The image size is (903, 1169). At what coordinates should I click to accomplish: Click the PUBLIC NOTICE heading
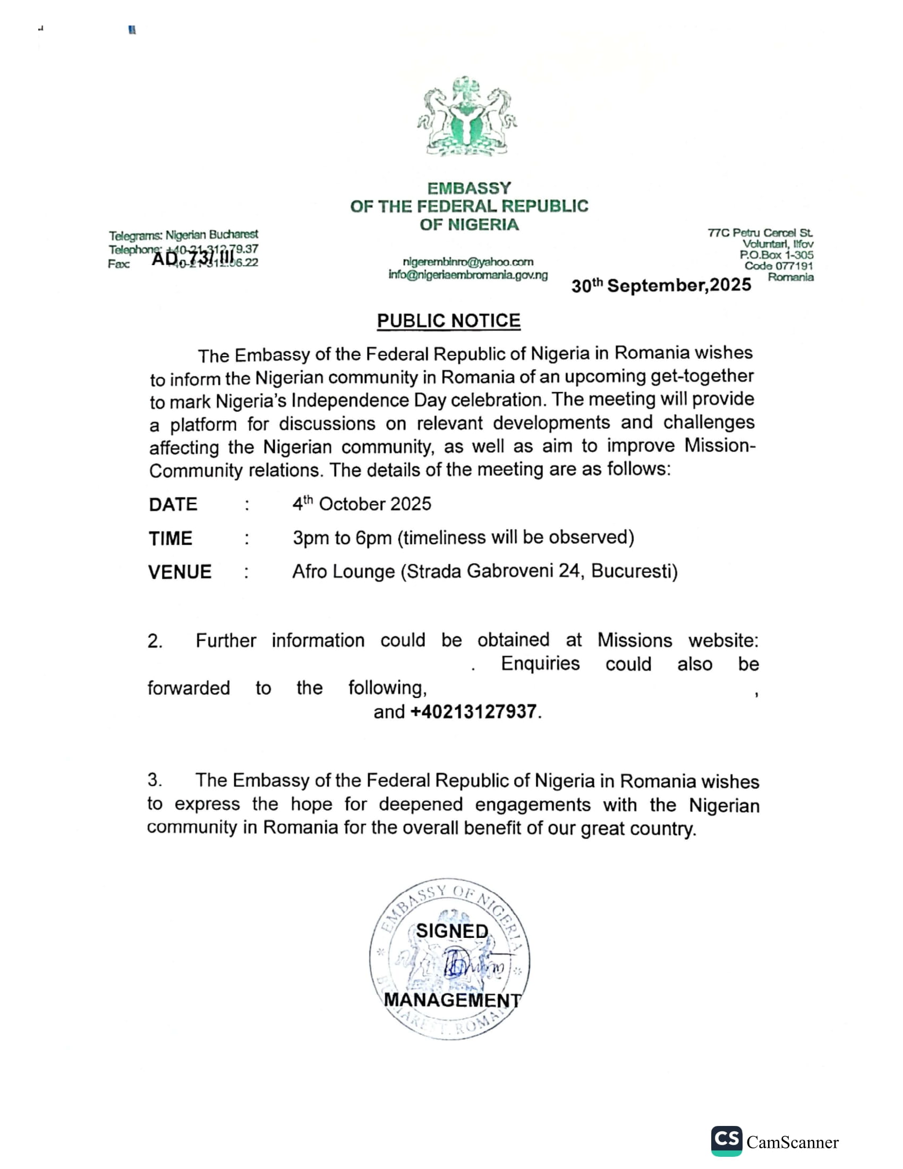(448, 320)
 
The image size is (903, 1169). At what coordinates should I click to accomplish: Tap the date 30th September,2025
(661, 285)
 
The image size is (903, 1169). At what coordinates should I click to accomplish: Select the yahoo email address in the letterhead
(468, 262)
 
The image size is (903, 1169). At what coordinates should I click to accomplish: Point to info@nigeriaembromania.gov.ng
(468, 275)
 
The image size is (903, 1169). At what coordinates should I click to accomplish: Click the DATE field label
(173, 504)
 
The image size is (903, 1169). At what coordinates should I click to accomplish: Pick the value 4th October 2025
(362, 504)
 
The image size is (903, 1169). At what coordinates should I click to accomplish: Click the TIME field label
(170, 538)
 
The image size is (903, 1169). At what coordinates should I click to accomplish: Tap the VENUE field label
(180, 572)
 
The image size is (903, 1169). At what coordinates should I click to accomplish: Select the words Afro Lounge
(343, 572)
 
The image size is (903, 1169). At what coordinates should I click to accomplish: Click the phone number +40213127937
(473, 711)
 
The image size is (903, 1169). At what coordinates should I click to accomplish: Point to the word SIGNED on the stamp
(452, 931)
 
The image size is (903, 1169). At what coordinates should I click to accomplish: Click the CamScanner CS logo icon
(726, 1141)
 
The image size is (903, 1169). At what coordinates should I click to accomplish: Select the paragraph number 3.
(155, 780)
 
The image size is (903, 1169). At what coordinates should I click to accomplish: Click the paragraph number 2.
(155, 641)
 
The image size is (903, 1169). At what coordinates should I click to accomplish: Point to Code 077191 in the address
(778, 266)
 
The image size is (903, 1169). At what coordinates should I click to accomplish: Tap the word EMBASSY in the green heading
(468, 189)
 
